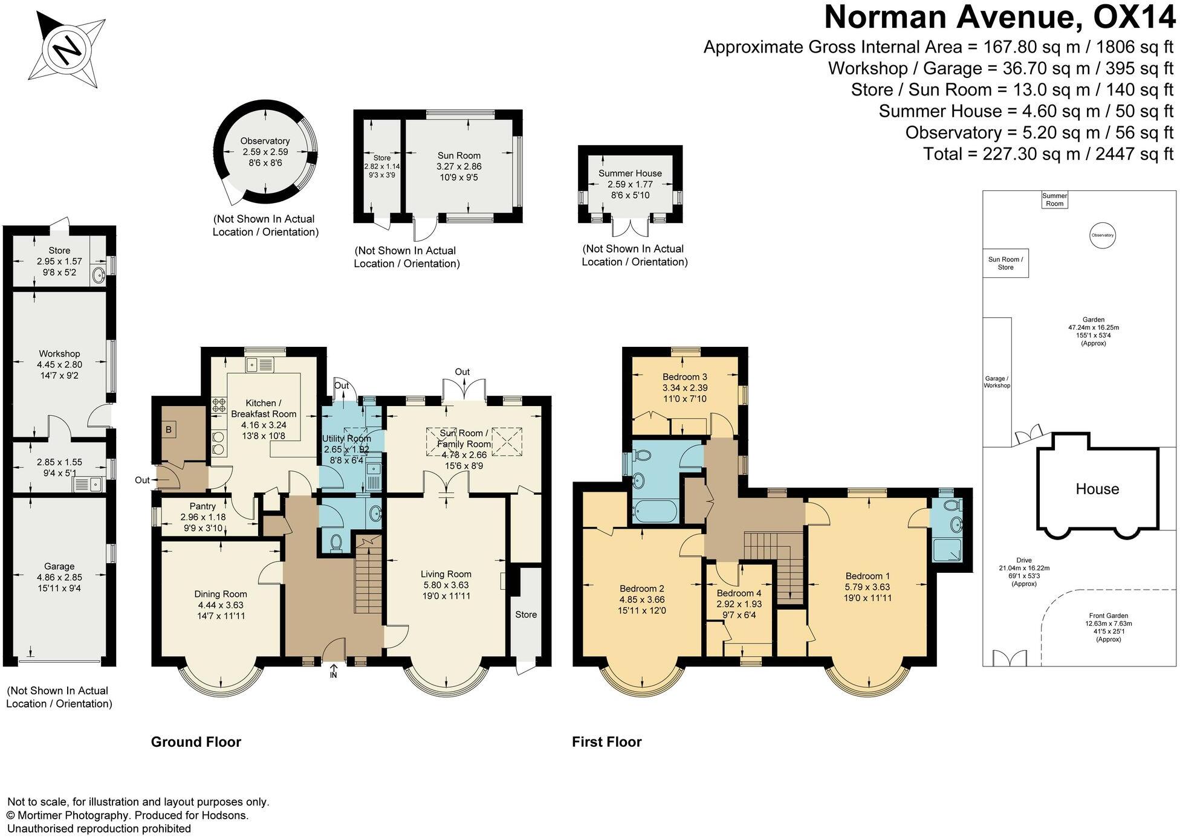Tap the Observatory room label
pyautogui.click(x=265, y=141)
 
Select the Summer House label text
pyautogui.click(x=630, y=173)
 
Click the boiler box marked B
pyautogui.click(x=169, y=430)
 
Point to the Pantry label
pyautogui.click(x=203, y=506)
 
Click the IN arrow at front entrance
pyautogui.click(x=333, y=671)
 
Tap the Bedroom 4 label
pyautogui.click(x=739, y=593)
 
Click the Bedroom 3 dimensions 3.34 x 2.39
pyautogui.click(x=684, y=388)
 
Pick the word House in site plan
pyautogui.click(x=1097, y=489)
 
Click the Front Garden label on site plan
pyautogui.click(x=1108, y=616)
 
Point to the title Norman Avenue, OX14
pyautogui.click(x=999, y=17)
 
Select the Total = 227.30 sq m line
pyautogui.click(x=1048, y=154)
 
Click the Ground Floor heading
pyautogui.click(x=196, y=742)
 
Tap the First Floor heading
pyautogui.click(x=606, y=742)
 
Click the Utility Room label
pyautogui.click(x=346, y=439)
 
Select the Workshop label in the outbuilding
pyautogui.click(x=59, y=353)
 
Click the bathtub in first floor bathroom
pyautogui.click(x=655, y=512)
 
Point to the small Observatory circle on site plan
pyautogui.click(x=1102, y=235)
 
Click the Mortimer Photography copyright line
pyautogui.click(x=128, y=815)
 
